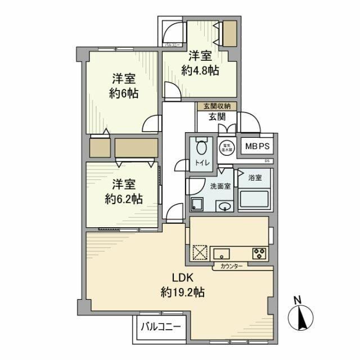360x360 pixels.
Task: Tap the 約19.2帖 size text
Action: (181, 292)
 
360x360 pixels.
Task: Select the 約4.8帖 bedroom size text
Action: (200, 70)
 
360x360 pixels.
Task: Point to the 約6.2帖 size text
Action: (123, 199)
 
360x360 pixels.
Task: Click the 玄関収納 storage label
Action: (217, 106)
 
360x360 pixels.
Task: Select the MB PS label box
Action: (258, 146)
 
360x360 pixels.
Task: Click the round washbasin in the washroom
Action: (225, 206)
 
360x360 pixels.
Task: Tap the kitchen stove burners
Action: (259, 253)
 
